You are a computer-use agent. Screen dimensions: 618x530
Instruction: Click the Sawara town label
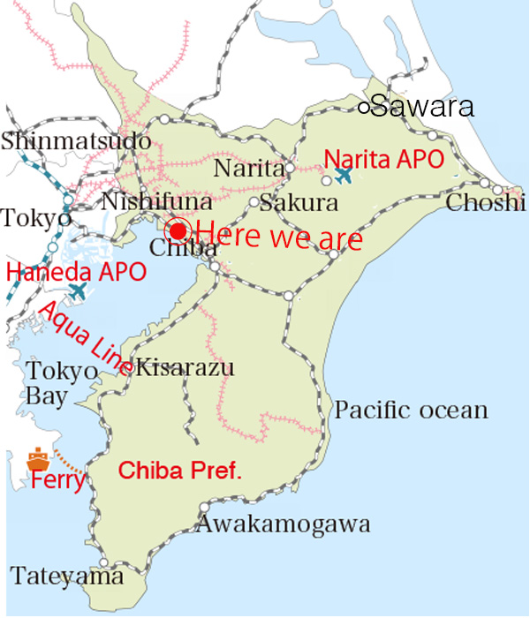pos(422,108)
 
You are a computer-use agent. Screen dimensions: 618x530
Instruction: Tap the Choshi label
pos(486,203)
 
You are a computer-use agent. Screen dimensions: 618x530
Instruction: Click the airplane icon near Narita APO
pos(343,176)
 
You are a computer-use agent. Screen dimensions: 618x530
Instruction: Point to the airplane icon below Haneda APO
pos(79,289)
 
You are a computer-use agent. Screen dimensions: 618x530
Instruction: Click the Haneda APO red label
pos(76,271)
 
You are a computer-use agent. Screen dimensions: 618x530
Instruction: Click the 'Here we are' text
pos(278,237)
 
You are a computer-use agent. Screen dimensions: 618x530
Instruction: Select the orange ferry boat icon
pos(38,458)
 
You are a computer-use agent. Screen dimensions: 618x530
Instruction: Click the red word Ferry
pos(58,481)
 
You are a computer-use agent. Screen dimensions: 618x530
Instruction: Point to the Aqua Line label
pos(86,335)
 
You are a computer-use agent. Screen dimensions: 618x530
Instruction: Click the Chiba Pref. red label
pos(180,470)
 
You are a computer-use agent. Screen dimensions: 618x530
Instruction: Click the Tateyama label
pos(67,577)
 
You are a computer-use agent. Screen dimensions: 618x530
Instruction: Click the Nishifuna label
pos(156,203)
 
